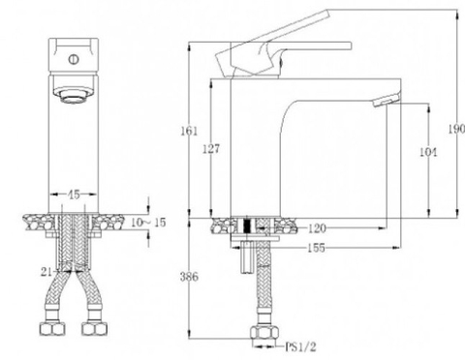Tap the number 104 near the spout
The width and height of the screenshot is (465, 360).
(429, 153)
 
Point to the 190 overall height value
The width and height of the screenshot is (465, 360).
(456, 128)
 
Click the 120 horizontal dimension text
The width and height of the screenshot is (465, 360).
(317, 229)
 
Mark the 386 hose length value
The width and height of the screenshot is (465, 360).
(190, 277)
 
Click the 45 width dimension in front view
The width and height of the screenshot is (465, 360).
(73, 195)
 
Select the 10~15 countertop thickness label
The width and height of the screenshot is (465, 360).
(146, 224)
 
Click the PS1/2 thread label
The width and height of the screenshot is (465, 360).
(300, 344)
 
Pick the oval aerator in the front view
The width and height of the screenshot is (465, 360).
(73, 95)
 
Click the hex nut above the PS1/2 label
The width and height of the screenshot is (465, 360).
(262, 336)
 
